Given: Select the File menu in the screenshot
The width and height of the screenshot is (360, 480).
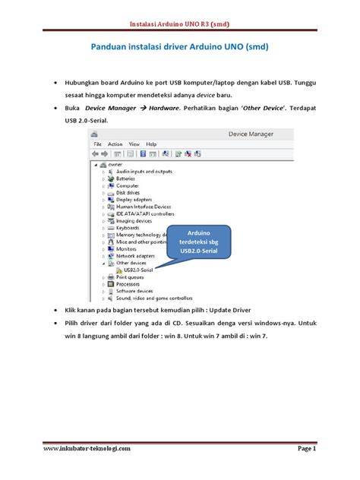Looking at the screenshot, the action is [97, 144].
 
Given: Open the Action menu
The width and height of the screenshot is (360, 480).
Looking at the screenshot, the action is [115, 144].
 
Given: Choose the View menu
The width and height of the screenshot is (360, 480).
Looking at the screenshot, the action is [134, 144].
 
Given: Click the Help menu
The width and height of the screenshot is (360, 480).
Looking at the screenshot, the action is [151, 144].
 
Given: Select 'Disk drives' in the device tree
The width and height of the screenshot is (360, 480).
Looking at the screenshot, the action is [128, 192].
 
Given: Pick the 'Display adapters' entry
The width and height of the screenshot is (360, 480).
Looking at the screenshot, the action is [134, 199].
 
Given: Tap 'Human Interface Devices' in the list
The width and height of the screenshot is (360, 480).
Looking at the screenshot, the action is [144, 207].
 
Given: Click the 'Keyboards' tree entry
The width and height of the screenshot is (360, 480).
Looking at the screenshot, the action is [128, 227].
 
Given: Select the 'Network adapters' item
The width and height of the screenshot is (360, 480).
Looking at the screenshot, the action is [134, 256].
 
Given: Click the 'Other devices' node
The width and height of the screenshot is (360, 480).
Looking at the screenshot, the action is [131, 263].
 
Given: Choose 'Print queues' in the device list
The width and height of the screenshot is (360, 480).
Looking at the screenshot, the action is [131, 276].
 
